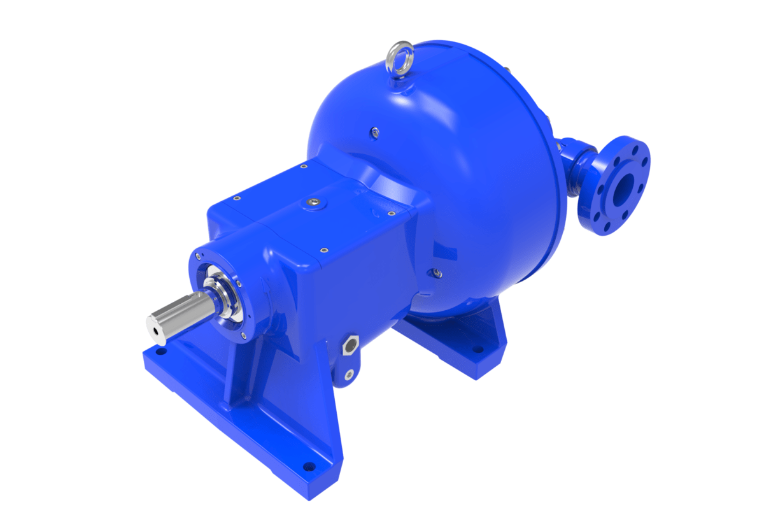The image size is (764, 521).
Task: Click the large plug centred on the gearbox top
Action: [313, 202]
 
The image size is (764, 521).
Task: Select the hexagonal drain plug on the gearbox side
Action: [350, 346]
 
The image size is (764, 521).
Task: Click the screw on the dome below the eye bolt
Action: [375, 132]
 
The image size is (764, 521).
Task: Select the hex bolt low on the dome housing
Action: [437, 273]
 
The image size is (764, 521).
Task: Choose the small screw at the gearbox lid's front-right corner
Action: [323, 250]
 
